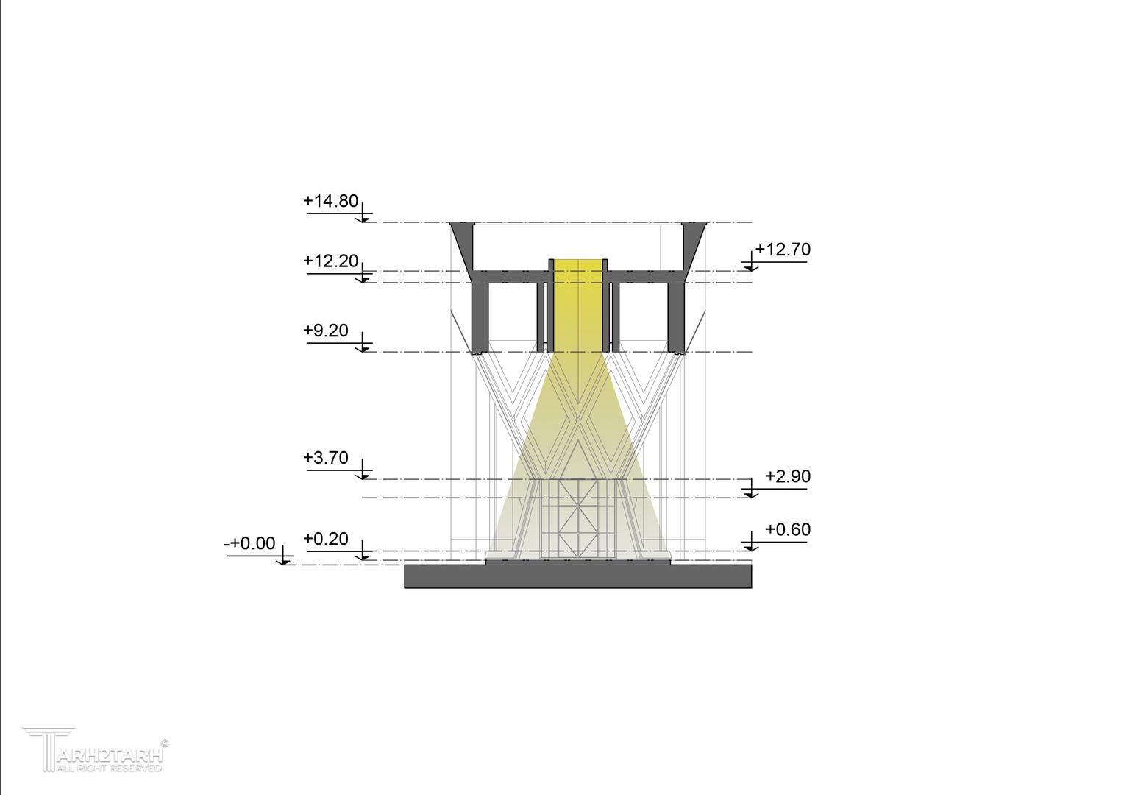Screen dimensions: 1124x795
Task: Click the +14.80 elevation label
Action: [331, 201]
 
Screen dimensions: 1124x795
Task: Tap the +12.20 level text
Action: [331, 261]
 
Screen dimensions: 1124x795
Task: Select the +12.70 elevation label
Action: [783, 249]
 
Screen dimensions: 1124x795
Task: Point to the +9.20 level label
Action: [326, 330]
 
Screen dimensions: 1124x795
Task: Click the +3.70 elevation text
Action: [326, 458]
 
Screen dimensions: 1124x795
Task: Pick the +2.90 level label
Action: [788, 476]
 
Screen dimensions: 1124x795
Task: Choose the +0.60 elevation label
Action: [788, 529]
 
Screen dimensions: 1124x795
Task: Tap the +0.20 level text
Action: [326, 539]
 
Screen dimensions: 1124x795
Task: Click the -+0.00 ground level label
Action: [249, 543]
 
